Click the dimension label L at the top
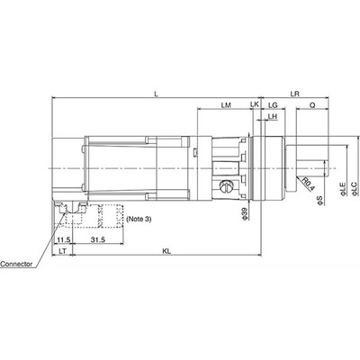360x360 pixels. click(157, 93)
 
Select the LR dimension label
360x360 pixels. click(295, 93)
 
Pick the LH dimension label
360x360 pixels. click(272, 118)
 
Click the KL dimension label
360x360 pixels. click(166, 251)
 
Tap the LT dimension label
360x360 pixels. click(62, 251)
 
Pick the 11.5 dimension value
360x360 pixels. click(63, 239)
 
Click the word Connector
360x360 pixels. click(19, 265)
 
